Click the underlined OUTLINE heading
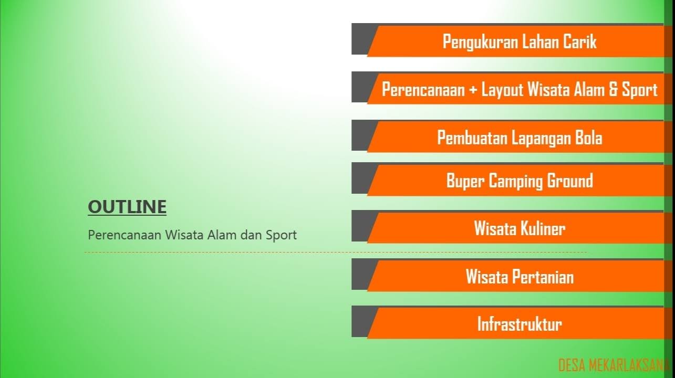127,207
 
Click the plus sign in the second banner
473,90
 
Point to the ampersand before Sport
612,89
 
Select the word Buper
465,181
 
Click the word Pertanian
543,277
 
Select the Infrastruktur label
520,324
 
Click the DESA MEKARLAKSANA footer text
613,365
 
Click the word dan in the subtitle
251,235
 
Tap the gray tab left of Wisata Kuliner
361,226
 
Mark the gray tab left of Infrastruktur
361,321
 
